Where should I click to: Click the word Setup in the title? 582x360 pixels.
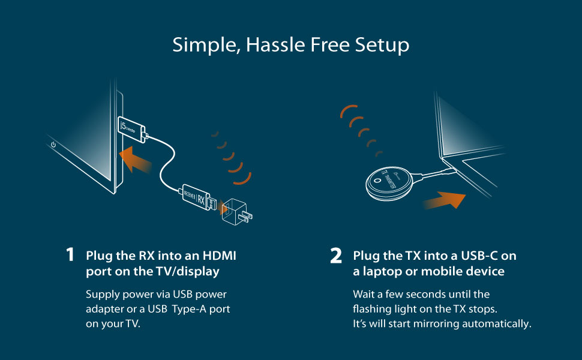[x=384, y=45]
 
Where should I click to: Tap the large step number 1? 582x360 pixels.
[x=70, y=255]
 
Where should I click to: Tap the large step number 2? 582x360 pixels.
[x=336, y=256]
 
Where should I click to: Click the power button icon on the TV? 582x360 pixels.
[x=53, y=144]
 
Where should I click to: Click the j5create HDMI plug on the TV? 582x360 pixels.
[x=131, y=128]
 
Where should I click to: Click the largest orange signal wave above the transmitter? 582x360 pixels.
[x=345, y=112]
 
